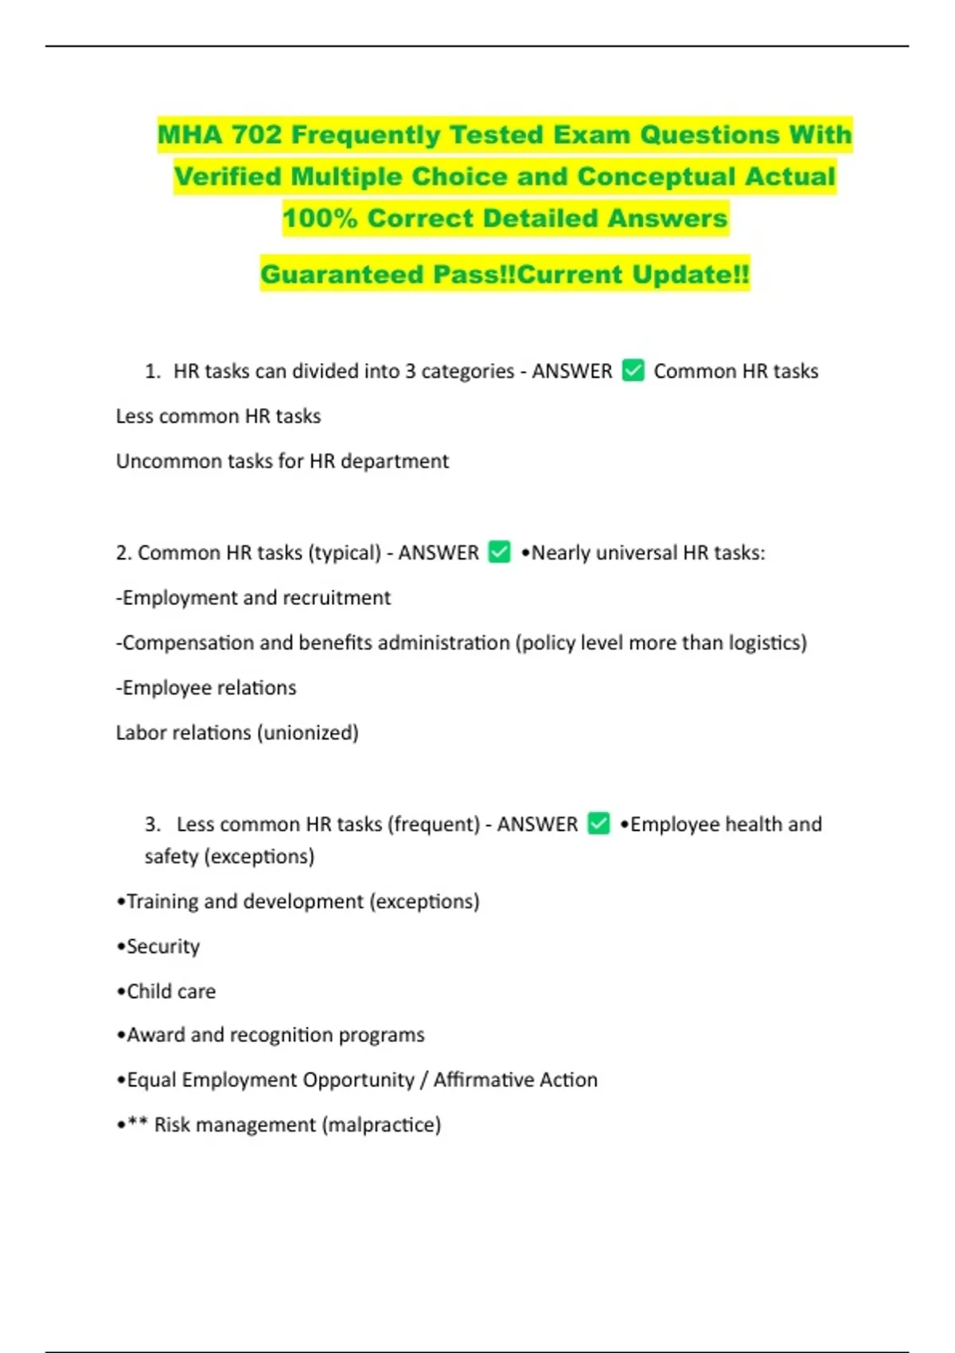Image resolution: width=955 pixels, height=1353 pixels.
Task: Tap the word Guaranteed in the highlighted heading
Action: coord(342,275)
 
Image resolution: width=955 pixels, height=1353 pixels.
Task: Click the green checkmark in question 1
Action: coord(633,370)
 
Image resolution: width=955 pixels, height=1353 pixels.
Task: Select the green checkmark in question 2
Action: coord(499,552)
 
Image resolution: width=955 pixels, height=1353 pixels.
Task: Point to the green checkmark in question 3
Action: coord(598,823)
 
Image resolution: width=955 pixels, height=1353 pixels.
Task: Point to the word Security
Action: coord(162,946)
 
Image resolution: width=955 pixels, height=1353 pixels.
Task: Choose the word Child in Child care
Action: coord(149,991)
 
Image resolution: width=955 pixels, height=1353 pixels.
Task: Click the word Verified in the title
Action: coord(228,177)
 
